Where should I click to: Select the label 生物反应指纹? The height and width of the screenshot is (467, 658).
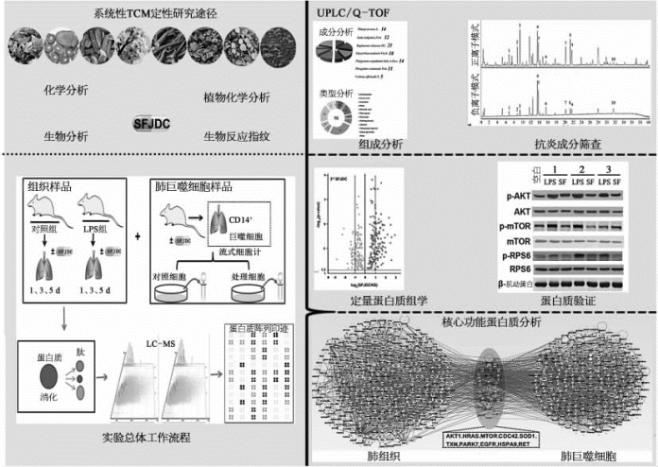[236, 136]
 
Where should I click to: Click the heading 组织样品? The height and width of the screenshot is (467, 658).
[49, 185]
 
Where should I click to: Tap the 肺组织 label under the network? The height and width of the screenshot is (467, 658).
[372, 457]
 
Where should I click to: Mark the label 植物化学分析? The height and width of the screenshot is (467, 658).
[236, 97]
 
